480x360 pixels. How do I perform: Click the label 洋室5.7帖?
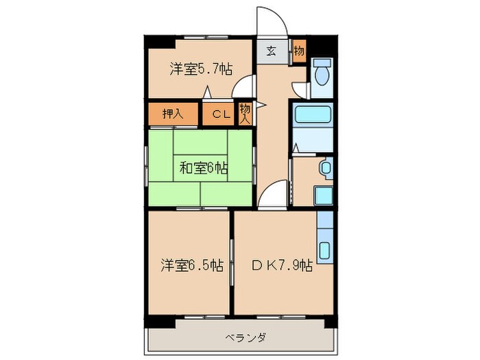click(200, 69)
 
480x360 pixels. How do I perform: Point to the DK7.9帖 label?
click(282, 265)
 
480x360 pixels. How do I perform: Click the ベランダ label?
click(244, 337)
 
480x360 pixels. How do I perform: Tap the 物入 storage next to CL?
click(245, 112)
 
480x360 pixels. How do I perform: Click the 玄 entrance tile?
click(272, 50)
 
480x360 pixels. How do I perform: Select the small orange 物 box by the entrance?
click(298, 50)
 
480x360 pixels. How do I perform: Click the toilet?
click(321, 73)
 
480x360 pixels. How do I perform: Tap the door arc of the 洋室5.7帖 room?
click(241, 88)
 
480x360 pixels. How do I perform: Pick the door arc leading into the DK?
click(272, 193)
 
